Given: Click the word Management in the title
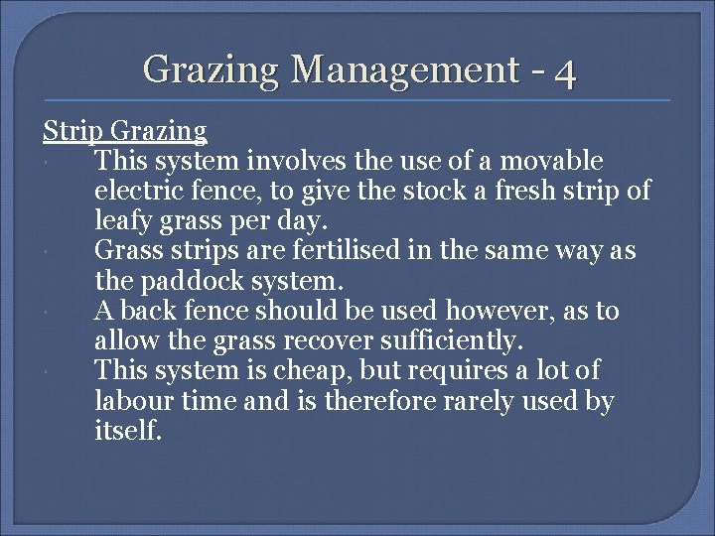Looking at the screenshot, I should click(x=404, y=69).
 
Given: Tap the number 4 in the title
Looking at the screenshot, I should click(x=565, y=71).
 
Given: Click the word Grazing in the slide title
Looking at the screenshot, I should click(x=212, y=69).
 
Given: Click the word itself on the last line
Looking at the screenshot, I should click(x=127, y=431).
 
